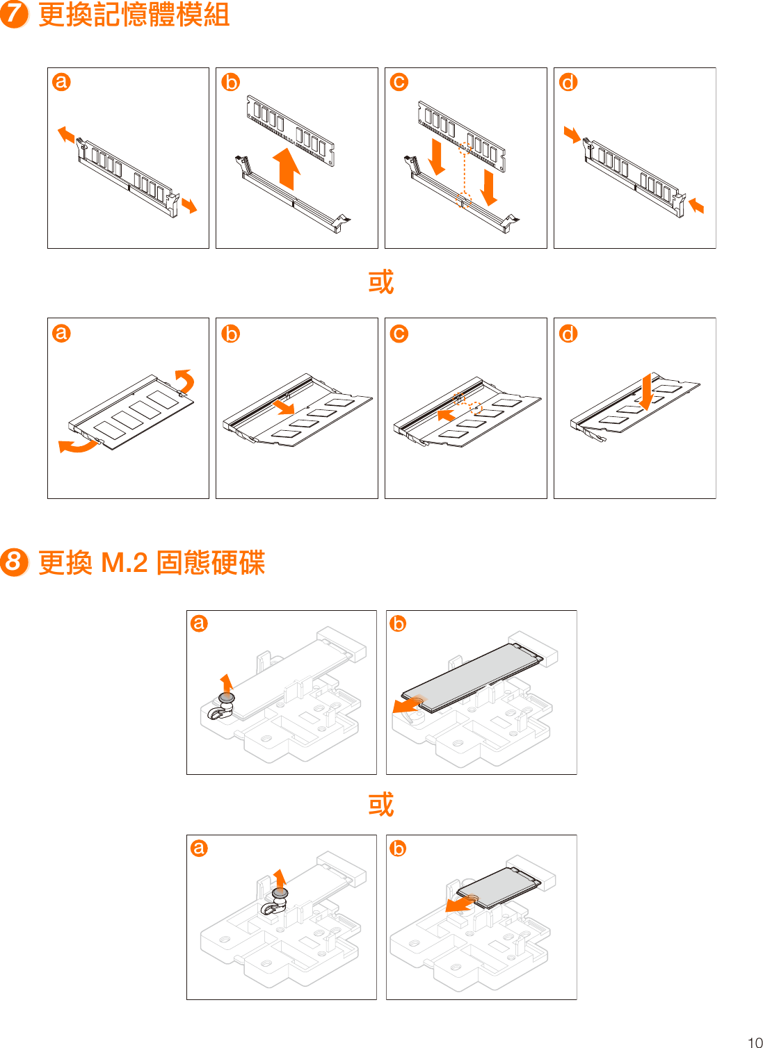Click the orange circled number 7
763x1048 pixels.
[x=14, y=14]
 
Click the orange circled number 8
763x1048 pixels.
[x=14, y=562]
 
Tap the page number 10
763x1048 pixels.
[x=755, y=1042]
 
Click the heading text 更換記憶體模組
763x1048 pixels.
[x=134, y=15]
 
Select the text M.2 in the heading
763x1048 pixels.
[x=125, y=562]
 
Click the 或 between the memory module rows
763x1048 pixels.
[x=380, y=282]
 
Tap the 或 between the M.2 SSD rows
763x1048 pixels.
[x=380, y=804]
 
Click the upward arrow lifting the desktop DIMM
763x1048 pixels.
[x=287, y=168]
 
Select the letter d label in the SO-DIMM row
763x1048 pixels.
[x=568, y=334]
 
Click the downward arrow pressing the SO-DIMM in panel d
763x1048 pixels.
[x=646, y=391]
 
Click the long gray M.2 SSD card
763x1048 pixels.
[x=473, y=675]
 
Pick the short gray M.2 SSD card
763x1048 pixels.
[x=497, y=887]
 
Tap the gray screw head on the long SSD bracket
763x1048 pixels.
[x=226, y=698]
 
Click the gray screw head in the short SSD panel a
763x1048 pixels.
[x=280, y=892]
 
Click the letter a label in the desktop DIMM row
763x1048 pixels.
[x=61, y=82]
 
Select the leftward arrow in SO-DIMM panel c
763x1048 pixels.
[x=447, y=416]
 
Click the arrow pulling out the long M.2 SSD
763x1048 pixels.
[x=406, y=705]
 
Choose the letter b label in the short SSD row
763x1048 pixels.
[x=398, y=848]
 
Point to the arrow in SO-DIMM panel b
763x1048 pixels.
[x=283, y=406]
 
